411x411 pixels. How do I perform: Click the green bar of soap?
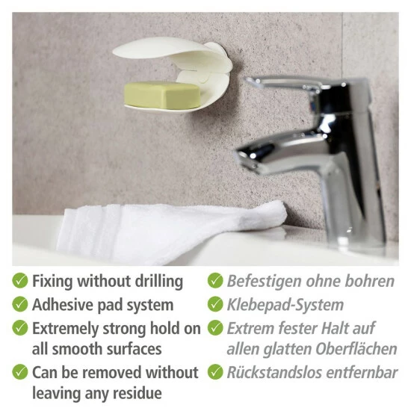161,94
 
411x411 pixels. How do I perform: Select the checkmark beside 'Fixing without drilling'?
20,280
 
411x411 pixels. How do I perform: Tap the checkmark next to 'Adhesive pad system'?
20,304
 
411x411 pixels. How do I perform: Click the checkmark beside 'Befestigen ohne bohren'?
215,280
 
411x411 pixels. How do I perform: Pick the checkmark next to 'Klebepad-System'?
215,304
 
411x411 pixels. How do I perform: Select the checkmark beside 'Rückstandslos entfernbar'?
215,372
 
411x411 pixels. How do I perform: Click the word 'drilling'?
159,282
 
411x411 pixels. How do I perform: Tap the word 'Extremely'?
65,330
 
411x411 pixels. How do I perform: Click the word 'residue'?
137,393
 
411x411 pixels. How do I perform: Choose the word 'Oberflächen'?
356,349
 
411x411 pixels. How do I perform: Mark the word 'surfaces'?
134,350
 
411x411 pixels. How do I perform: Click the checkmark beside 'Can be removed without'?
20,372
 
